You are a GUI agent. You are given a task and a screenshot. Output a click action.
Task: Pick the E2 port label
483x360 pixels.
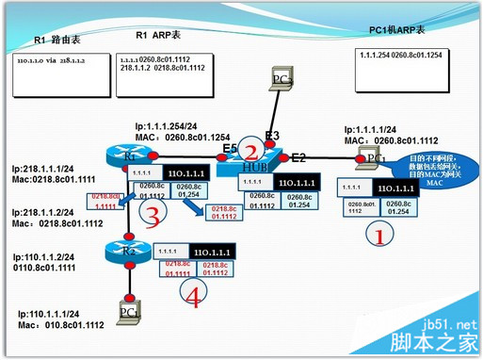click(x=299, y=156)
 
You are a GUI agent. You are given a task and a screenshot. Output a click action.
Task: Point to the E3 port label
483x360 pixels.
click(x=272, y=136)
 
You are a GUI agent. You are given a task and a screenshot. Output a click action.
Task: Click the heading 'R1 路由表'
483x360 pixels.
click(x=58, y=40)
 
